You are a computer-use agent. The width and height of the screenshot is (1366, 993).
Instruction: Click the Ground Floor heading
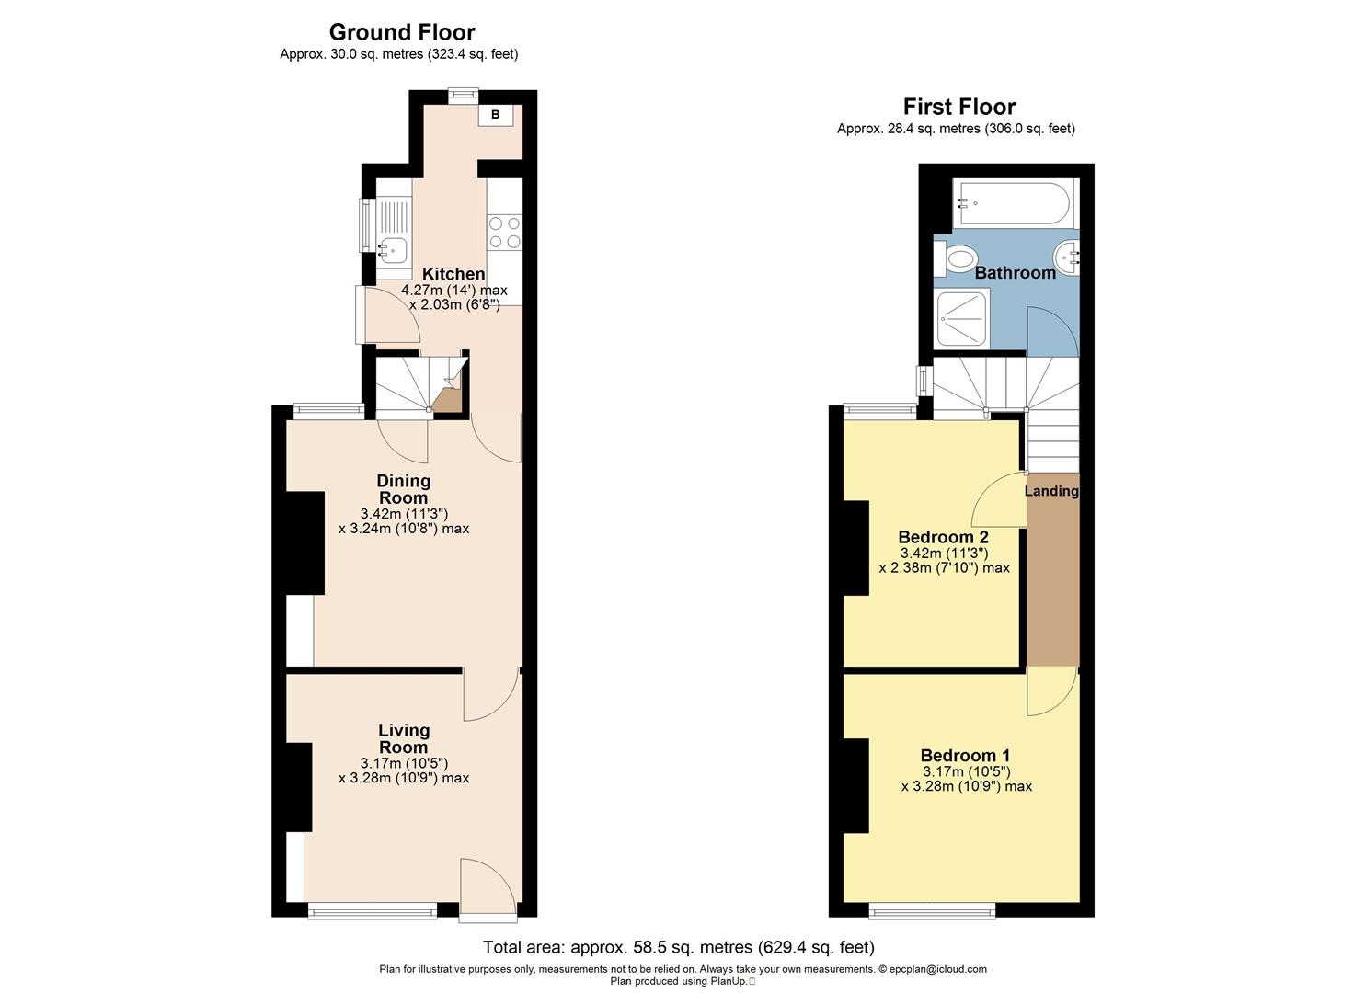pyautogui.click(x=402, y=32)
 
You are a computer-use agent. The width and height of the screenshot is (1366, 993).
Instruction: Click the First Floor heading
pyautogui.click(x=958, y=106)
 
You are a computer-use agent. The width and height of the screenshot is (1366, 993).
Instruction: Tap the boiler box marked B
pyautogui.click(x=496, y=115)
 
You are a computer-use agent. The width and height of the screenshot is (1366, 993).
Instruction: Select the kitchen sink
pyautogui.click(x=394, y=246)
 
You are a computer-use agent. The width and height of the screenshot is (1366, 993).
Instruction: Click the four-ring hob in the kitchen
pyautogui.click(x=504, y=232)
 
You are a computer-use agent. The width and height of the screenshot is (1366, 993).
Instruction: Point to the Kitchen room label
pyautogui.click(x=453, y=274)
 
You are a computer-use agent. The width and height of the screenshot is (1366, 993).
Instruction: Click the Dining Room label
pyautogui.click(x=404, y=489)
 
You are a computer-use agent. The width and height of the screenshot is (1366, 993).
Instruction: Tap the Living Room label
pyautogui.click(x=404, y=738)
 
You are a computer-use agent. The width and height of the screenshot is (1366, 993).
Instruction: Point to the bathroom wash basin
pyautogui.click(x=1068, y=257)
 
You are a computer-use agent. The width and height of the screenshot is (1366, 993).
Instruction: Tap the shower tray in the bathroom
pyautogui.click(x=962, y=318)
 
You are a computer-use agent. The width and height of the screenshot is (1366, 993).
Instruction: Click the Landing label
pyautogui.click(x=1051, y=491)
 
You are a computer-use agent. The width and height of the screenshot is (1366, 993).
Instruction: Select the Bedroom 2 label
pyautogui.click(x=943, y=537)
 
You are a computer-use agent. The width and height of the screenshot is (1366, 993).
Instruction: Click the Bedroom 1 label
pyautogui.click(x=965, y=756)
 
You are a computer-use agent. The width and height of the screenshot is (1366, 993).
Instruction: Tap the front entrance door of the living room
pyautogui.click(x=488, y=889)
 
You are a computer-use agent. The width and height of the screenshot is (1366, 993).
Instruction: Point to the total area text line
pyautogui.click(x=679, y=947)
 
